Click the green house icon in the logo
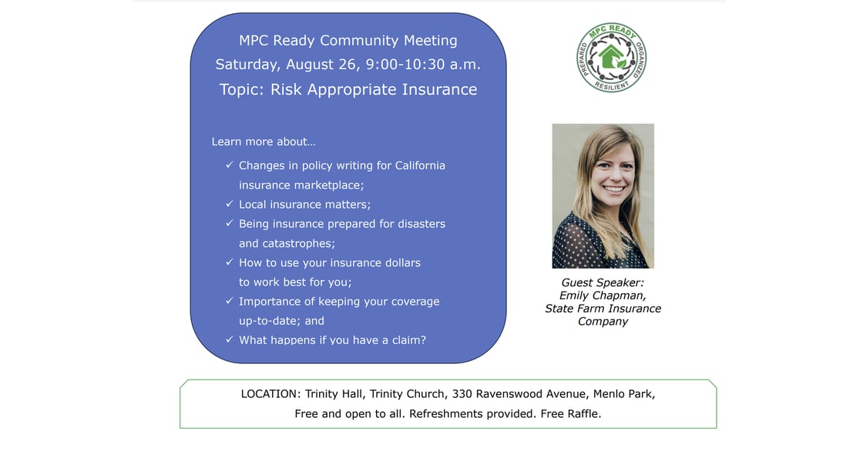(612, 56)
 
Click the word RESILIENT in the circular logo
(611, 85)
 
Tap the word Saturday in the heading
(247, 65)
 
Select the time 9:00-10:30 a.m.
(423, 65)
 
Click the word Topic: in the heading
(242, 89)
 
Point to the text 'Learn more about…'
(264, 142)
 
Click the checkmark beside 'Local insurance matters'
(230, 203)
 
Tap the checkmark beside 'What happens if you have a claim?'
(230, 339)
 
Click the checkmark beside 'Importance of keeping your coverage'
(230, 301)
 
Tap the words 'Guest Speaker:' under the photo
(602, 282)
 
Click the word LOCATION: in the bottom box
(270, 394)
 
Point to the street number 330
(462, 394)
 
